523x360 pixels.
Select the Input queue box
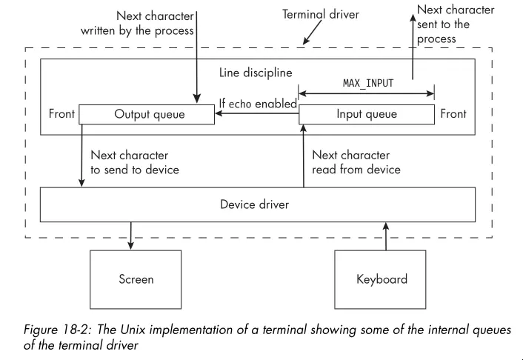tap(366, 114)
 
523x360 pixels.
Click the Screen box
tap(136, 279)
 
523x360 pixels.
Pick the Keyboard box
tap(382, 279)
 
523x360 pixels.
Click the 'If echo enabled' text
tap(257, 103)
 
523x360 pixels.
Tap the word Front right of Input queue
tap(453, 114)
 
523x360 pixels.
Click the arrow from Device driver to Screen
tap(131, 236)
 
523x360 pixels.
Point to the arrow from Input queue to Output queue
tap(256, 114)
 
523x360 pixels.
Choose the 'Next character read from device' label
tap(356, 162)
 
